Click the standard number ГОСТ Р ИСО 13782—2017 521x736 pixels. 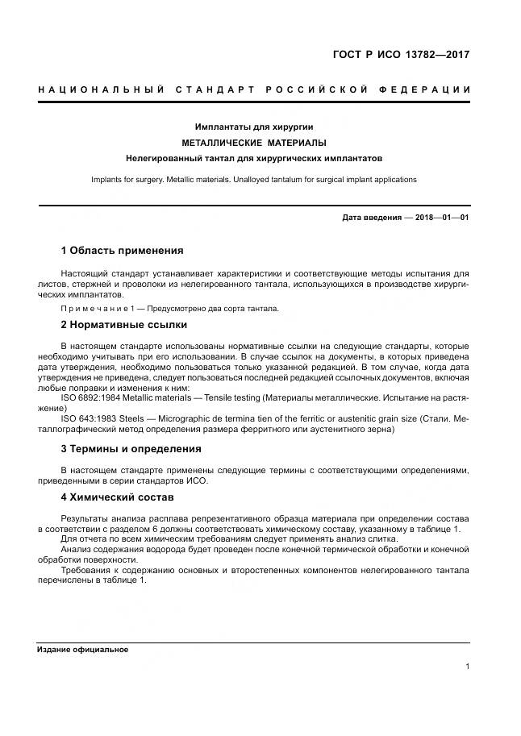[x=401, y=56]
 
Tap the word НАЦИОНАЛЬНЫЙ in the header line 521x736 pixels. [x=101, y=89]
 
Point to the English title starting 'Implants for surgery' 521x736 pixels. [x=253, y=179]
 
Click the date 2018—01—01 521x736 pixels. [x=442, y=218]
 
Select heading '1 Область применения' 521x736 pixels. [x=122, y=251]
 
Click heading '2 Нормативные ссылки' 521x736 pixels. [x=123, y=325]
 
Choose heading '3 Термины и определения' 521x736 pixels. [x=131, y=449]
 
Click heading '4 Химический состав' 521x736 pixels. [x=118, y=497]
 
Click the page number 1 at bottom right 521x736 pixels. [x=467, y=667]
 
